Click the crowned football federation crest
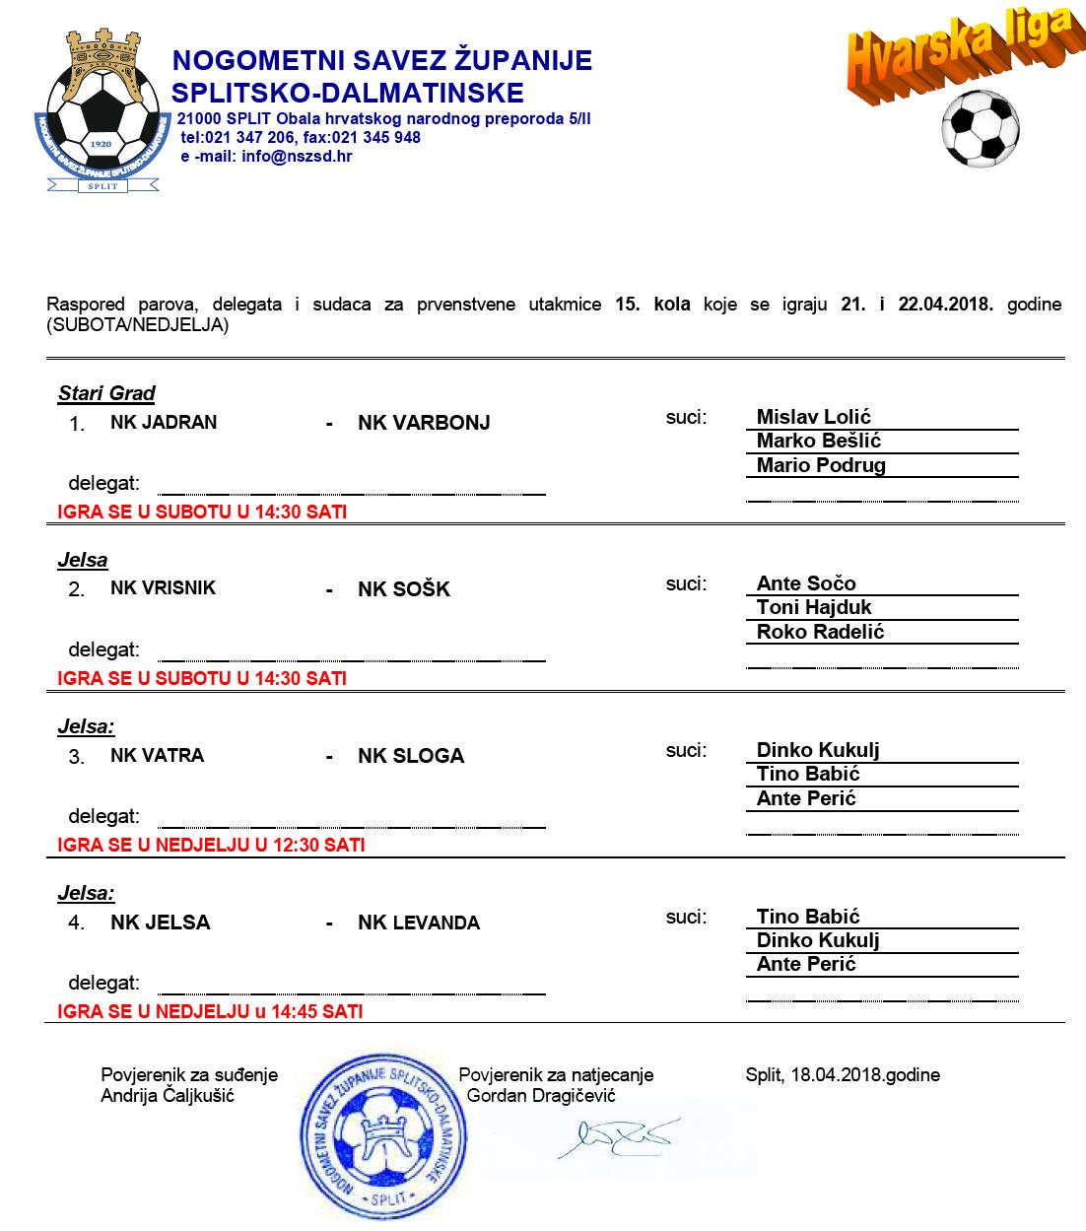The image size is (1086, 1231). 102,111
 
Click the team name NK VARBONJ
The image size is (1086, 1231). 424,423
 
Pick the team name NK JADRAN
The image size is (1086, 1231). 164,422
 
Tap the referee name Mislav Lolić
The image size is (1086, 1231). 813,417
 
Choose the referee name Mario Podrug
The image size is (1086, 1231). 820,465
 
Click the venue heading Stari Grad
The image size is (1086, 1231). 106,393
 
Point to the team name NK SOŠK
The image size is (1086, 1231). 404,589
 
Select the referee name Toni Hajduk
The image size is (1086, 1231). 813,607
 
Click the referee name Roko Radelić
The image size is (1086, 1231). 820,632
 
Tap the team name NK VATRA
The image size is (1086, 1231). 157,755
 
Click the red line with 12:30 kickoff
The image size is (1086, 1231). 211,845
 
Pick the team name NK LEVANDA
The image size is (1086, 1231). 419,923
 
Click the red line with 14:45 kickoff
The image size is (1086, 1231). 210,1011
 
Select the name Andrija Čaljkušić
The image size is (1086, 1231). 168,1095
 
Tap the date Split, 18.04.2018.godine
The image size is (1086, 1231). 843,1074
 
